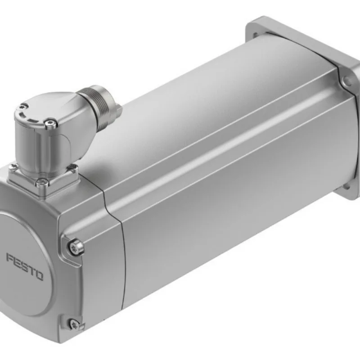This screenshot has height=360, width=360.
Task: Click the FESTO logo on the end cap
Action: tap(25, 267)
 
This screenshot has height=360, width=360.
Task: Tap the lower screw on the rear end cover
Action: tap(74, 323)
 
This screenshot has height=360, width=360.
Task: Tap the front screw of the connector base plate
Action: tap(42, 182)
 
